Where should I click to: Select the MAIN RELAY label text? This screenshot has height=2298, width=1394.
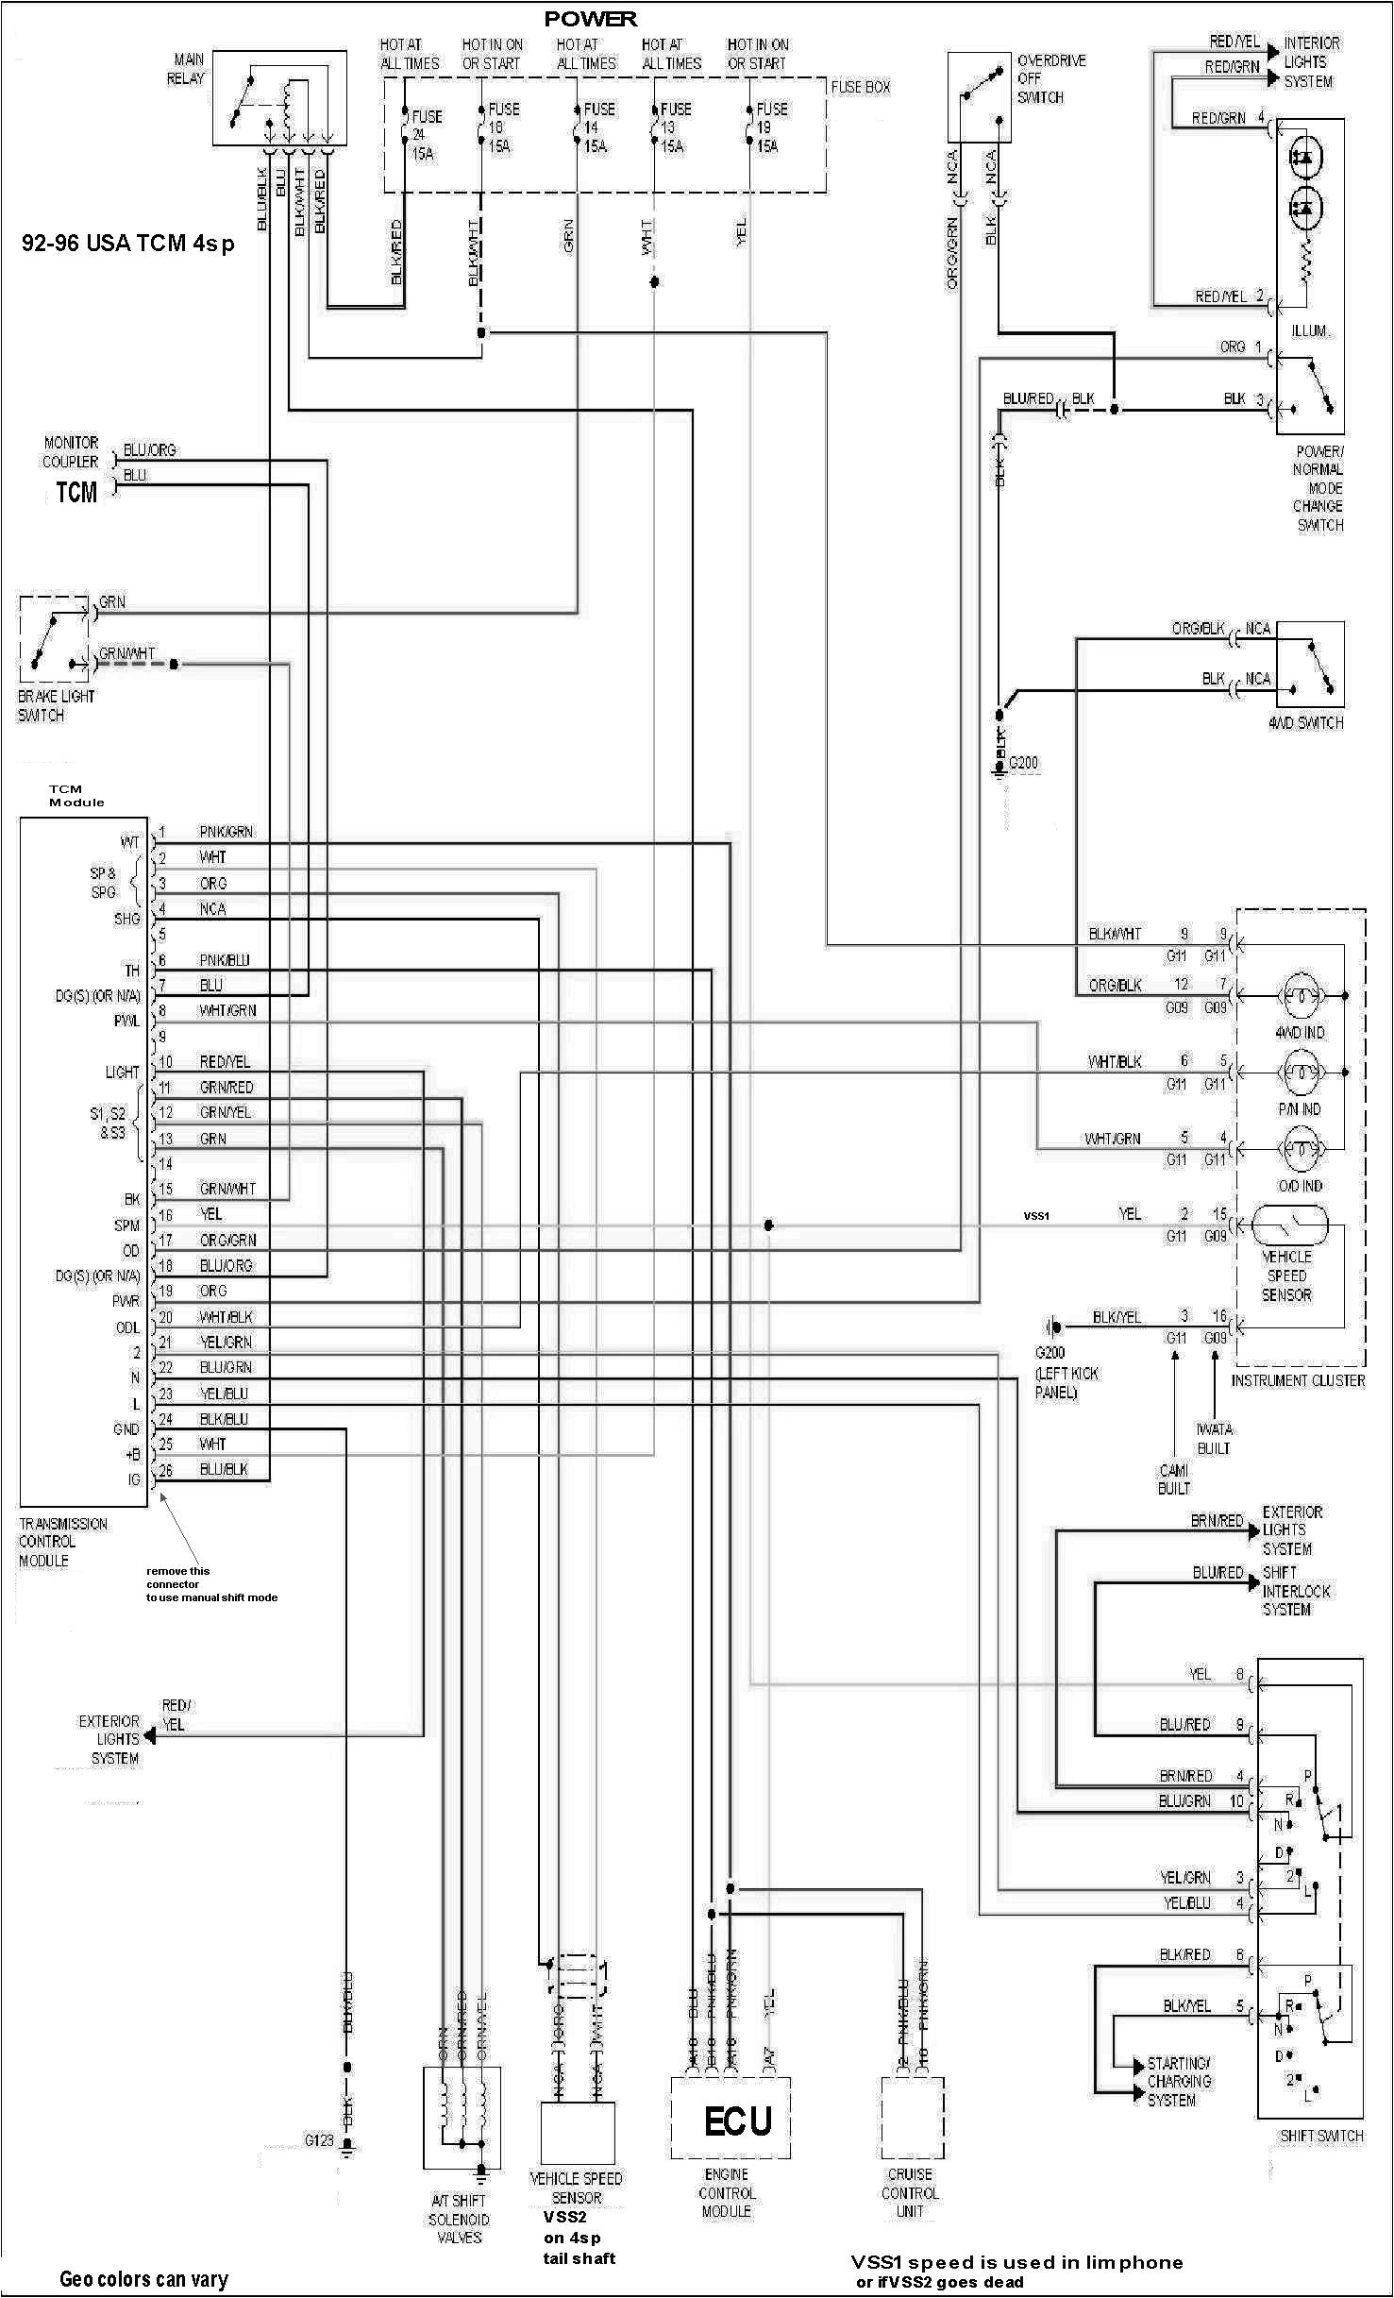point(186,69)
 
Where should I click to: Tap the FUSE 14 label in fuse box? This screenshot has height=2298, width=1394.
point(597,127)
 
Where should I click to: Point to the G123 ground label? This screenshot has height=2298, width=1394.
point(319,2140)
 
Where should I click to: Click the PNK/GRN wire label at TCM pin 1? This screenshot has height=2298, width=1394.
point(226,832)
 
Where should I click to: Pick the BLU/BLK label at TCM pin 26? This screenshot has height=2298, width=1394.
point(224,1469)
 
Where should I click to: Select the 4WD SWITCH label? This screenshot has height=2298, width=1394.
point(1305,722)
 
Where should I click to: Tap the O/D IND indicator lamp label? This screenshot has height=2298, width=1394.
point(1300,1186)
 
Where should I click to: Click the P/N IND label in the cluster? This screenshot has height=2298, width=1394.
point(1300,1109)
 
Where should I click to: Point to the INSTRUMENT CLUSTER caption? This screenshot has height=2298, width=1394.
point(1298,1380)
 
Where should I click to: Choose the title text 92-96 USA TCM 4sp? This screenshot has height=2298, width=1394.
point(128,244)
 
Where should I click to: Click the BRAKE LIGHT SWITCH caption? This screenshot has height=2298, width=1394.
point(56,705)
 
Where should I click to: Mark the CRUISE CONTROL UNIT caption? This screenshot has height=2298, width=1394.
point(910,2192)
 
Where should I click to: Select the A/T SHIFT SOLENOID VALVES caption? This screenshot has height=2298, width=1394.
point(459,2219)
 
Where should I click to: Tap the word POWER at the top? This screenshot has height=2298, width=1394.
point(590,19)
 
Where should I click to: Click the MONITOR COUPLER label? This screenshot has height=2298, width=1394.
point(71,452)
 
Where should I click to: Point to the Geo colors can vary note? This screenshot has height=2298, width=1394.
point(143,2279)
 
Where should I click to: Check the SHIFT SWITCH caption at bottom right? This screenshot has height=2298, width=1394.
point(1320,2136)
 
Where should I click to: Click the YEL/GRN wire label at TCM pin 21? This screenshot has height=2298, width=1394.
point(226,1342)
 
